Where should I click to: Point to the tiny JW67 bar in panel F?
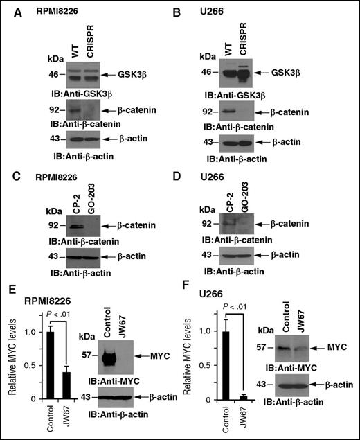pyautogui.click(x=243, y=397)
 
